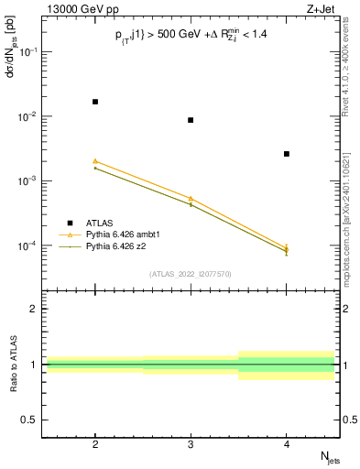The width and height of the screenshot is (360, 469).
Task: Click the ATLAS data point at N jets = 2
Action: point(95,102)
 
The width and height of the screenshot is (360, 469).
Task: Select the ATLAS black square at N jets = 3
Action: point(191,120)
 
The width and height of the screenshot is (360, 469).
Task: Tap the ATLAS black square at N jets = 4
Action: point(287,154)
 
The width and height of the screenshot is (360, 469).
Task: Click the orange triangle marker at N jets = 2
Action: point(95,161)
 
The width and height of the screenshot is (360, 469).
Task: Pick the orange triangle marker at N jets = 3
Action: point(191,199)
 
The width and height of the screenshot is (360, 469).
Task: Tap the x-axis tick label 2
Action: point(95,443)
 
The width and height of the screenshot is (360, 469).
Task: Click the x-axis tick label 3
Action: point(191,443)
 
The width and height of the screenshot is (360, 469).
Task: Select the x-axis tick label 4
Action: point(287,443)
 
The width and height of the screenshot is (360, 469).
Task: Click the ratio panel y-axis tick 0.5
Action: point(32,420)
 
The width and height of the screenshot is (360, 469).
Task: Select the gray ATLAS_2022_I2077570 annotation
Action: point(191,274)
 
